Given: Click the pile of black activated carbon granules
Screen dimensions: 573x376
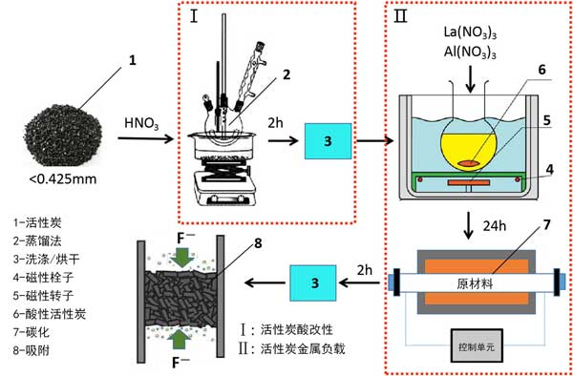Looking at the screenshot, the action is tap(63, 136).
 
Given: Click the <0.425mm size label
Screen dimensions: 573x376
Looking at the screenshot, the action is tap(63, 179).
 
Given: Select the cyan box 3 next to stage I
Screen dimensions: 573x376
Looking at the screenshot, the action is tap(329, 141).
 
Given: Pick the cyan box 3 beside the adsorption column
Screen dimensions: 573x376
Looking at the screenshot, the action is tap(313, 282).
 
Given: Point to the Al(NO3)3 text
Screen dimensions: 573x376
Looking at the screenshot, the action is tap(470, 53).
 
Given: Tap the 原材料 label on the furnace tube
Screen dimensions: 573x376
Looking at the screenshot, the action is tap(475, 283).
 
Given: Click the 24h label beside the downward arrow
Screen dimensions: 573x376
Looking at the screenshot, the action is tap(494, 226).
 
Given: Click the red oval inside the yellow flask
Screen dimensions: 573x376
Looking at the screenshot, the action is tap(469, 164).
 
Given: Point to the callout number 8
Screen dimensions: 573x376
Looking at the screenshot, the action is tap(258, 243).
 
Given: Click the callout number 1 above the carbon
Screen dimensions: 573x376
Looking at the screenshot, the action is tap(133, 60).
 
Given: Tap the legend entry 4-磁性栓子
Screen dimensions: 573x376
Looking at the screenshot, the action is tap(44, 278).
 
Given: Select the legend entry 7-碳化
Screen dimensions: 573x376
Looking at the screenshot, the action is tap(32, 332).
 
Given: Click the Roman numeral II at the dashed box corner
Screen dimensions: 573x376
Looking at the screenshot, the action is tap(400, 17).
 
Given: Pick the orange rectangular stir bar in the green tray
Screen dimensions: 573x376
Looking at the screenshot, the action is tap(469, 181).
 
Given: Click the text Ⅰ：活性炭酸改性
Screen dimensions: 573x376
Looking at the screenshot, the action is tap(286, 329).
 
